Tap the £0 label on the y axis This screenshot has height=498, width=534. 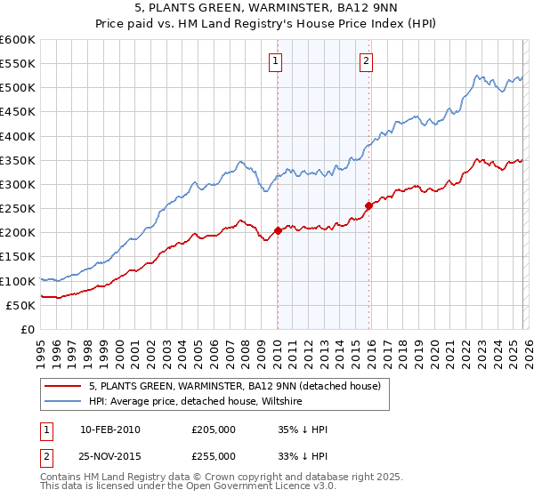(x=27, y=329)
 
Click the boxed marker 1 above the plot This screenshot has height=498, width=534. (x=276, y=61)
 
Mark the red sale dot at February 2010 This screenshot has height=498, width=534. (x=278, y=230)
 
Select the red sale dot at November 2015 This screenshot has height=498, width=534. (x=368, y=206)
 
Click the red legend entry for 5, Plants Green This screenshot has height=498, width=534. (x=235, y=386)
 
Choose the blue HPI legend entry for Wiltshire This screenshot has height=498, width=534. (x=196, y=402)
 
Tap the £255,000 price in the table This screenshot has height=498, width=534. (x=214, y=455)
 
